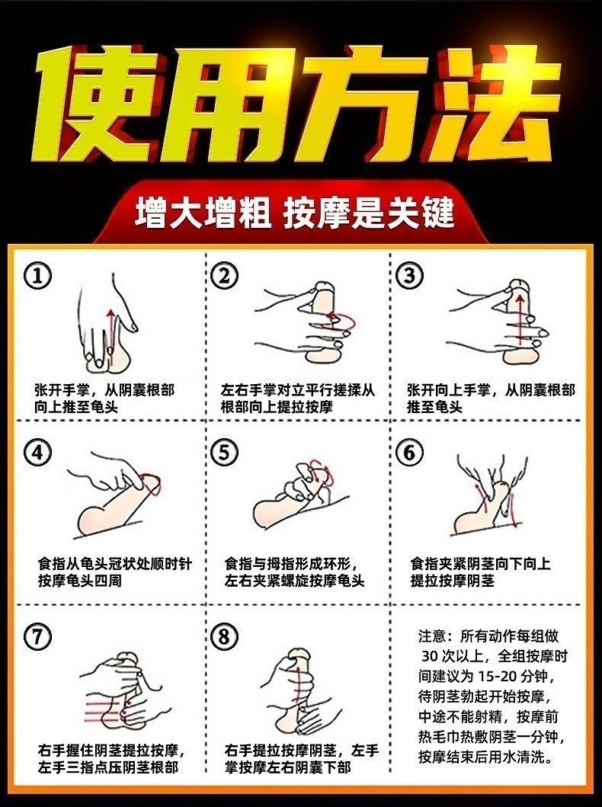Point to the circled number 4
tap(37, 453)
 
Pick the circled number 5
tap(224, 453)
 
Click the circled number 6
tap(409, 453)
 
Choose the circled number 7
tap(37, 636)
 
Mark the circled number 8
tap(224, 636)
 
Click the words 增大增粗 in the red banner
tap(203, 213)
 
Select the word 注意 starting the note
tap(432, 636)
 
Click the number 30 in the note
tap(430, 656)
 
